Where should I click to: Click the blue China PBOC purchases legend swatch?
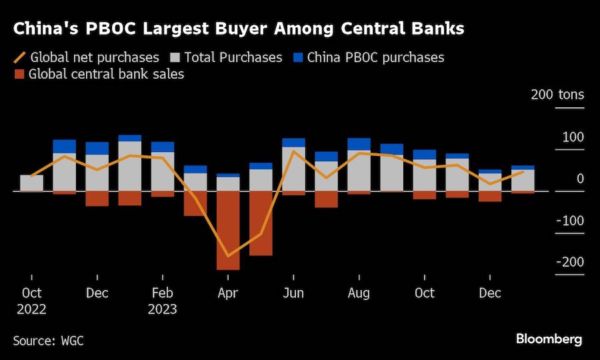tap(297, 57)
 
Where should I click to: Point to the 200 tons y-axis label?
tap(557, 95)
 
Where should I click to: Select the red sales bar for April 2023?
tap(228, 230)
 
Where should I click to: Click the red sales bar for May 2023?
tap(261, 223)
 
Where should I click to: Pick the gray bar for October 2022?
tap(31, 183)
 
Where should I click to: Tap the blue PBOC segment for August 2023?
tap(359, 144)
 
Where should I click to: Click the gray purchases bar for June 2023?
tap(293, 169)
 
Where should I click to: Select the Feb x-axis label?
tap(163, 293)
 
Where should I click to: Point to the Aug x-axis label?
tap(359, 293)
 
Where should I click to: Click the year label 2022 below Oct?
tap(31, 309)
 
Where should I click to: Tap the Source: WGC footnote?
tap(49, 341)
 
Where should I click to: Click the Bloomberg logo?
tap(549, 339)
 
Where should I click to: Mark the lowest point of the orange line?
tap(228, 256)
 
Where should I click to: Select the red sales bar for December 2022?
tap(97, 198)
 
